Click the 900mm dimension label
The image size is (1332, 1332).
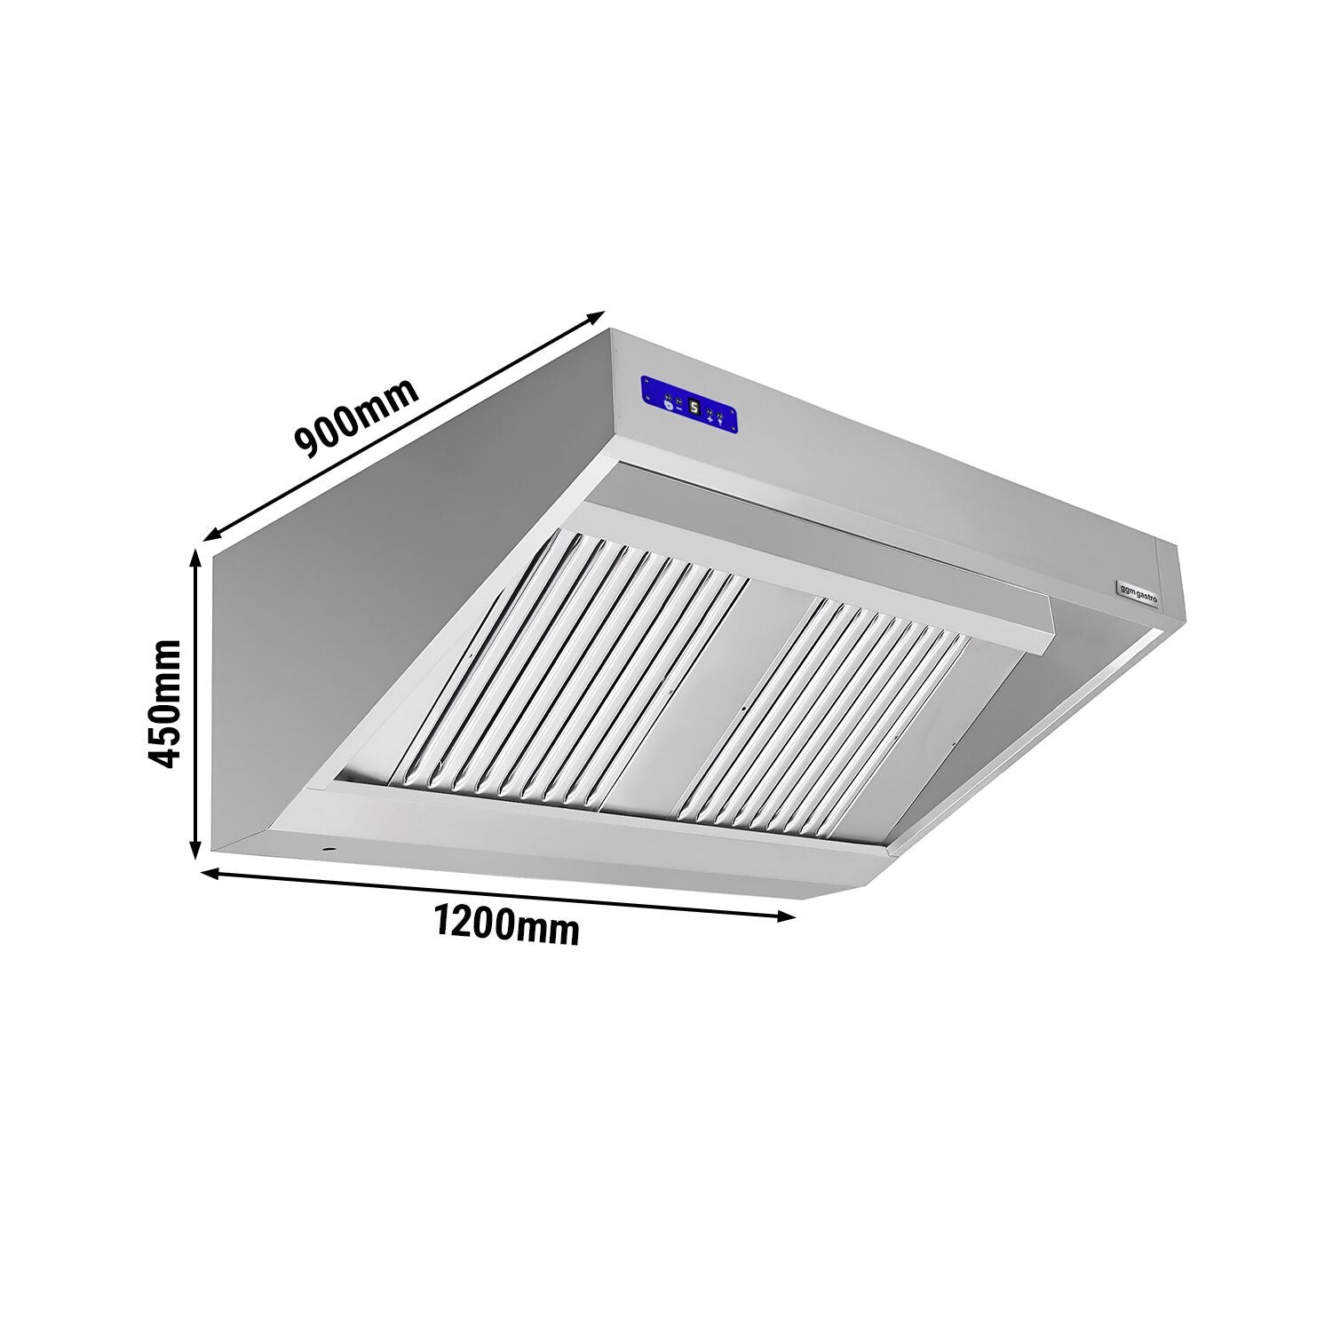point(356,418)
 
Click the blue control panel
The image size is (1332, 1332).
point(688,408)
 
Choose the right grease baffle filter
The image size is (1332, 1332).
point(826,710)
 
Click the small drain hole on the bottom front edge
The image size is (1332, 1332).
point(329,850)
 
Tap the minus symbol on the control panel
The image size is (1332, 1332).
point(678,409)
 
